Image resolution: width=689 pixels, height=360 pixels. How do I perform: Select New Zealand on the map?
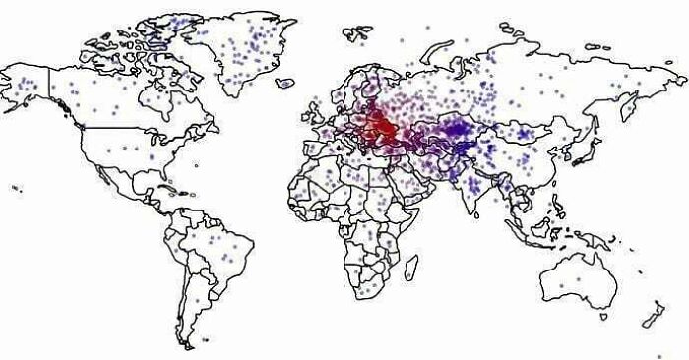click(x=653, y=315)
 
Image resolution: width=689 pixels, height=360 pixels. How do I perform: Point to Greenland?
click(x=246, y=49)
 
